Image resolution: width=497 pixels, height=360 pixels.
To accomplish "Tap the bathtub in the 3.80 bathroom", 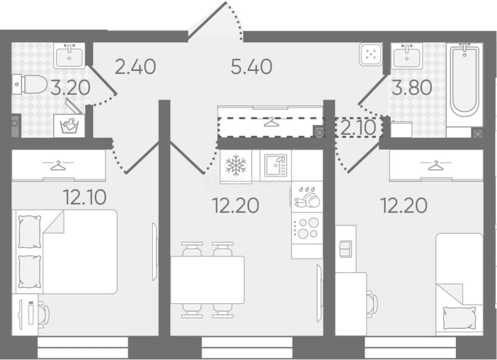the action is click(x=465, y=80).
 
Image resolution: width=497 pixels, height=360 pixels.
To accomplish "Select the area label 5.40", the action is click(x=251, y=67).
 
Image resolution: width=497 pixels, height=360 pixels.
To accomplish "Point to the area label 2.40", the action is click(x=135, y=67).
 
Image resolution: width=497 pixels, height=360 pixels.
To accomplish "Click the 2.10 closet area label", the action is click(x=358, y=127).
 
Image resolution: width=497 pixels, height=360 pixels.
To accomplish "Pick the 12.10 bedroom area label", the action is click(x=85, y=197).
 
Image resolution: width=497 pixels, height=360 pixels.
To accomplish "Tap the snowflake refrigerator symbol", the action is click(x=236, y=164).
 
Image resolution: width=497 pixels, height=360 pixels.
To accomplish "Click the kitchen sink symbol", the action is click(x=275, y=166).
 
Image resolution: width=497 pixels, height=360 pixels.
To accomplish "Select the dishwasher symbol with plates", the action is click(x=307, y=197).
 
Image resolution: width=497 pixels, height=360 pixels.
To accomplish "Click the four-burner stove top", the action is click(x=307, y=229).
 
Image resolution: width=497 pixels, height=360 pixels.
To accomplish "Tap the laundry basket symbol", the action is click(x=69, y=126).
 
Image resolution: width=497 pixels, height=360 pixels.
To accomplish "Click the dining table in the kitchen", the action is click(x=207, y=280).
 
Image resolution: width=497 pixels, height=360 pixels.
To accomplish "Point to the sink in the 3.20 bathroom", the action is click(x=69, y=55).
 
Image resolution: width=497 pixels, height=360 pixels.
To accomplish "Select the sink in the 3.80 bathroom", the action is click(x=407, y=56).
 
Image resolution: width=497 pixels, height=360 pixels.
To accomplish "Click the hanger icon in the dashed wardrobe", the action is click(x=271, y=122).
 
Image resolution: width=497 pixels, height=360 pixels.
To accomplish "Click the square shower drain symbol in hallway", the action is click(x=371, y=54).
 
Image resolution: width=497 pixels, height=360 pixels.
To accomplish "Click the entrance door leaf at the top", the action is click(x=207, y=20).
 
